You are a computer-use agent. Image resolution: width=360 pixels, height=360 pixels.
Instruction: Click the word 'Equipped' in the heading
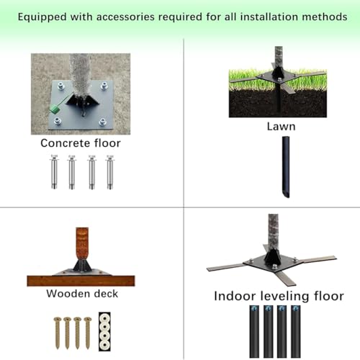pos(42,17)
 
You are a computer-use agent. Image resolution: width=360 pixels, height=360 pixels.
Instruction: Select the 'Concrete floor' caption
pos(81,143)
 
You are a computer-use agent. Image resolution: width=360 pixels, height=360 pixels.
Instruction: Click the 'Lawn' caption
pos(281,127)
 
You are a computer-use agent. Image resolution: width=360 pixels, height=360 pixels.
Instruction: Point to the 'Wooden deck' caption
pos(82,294)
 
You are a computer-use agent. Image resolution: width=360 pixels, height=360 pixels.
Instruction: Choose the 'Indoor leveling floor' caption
pos(279,296)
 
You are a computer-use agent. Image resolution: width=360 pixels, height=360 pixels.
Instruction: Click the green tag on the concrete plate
pos(55,109)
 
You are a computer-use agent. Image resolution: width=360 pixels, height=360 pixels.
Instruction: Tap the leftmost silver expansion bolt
pos(54,172)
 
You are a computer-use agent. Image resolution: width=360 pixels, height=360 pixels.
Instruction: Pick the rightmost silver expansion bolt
pos(110,172)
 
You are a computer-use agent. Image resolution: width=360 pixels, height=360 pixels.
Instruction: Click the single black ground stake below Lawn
pos(286,167)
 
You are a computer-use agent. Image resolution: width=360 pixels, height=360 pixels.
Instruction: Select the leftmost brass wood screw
pos(58,333)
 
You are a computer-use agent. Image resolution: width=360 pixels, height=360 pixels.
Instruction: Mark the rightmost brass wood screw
pos(88,333)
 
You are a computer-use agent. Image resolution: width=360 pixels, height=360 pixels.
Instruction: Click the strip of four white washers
pos(104,331)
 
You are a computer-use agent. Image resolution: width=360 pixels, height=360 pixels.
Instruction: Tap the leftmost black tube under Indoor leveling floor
pos(254,331)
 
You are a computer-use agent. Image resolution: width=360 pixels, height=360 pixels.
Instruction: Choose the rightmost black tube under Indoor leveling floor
pos(296,331)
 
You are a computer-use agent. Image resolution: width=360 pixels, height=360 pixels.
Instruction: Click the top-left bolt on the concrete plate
pos(60,86)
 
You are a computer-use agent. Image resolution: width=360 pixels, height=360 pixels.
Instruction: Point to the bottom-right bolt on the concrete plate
pos(103,122)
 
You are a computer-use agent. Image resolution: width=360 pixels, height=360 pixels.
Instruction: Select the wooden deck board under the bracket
pos(81,281)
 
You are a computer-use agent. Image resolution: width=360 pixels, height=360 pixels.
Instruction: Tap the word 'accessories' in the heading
pos(125,17)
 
